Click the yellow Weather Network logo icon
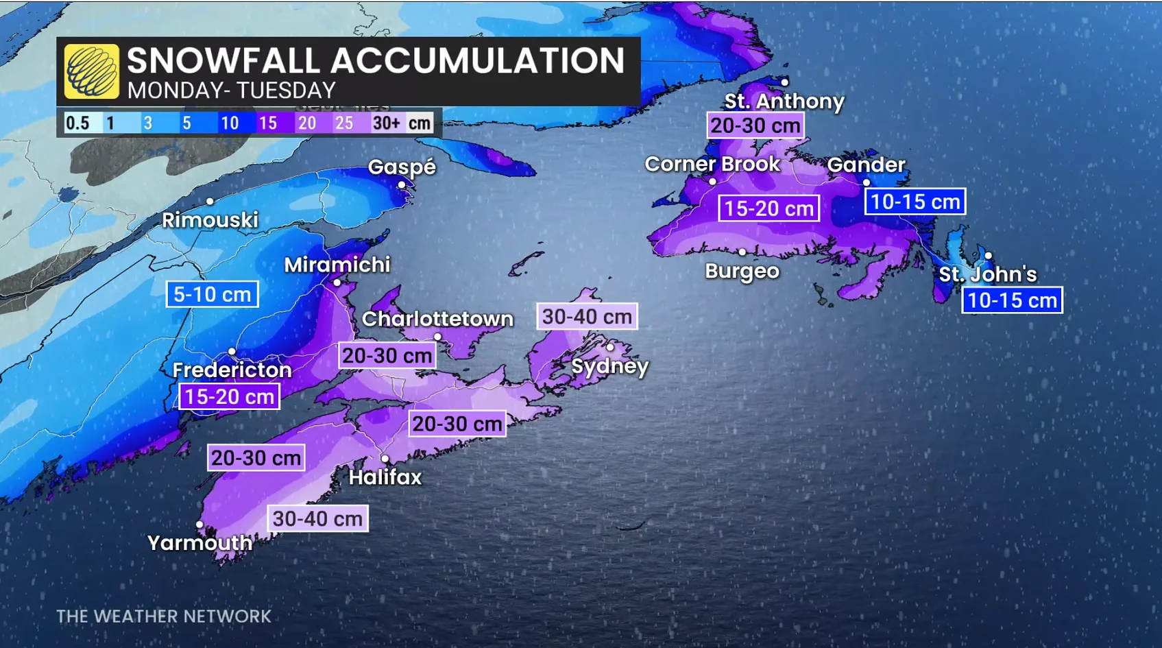(x=92, y=71)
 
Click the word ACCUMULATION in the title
(x=478, y=60)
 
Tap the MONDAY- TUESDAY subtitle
(x=231, y=91)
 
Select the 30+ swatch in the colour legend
(x=386, y=123)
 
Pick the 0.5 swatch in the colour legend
(x=77, y=123)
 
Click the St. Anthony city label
(x=784, y=101)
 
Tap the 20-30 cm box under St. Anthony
(x=755, y=125)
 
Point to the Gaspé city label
(x=402, y=167)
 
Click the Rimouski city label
(x=210, y=220)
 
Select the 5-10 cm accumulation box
(x=213, y=295)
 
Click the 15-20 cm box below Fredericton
(x=229, y=397)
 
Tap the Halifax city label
(x=385, y=477)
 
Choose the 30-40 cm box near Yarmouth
(x=317, y=519)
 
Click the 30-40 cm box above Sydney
(x=587, y=317)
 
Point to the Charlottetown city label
(x=437, y=319)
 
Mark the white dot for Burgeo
(x=742, y=252)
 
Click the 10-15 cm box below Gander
(x=915, y=202)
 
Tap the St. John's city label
(x=987, y=274)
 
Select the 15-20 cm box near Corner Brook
(x=768, y=208)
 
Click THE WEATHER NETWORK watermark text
(x=164, y=616)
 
